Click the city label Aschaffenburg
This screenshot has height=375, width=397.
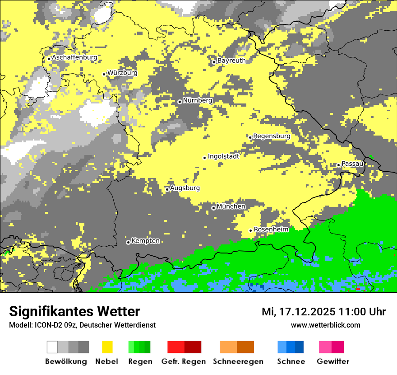pyautogui.click(x=74, y=58)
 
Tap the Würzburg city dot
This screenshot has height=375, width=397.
pyautogui.click(x=104, y=74)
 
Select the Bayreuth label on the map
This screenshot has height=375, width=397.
pyautogui.click(x=231, y=61)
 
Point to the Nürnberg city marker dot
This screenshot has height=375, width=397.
pyautogui.click(x=180, y=102)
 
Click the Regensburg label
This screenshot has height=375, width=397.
pyautogui.click(x=272, y=136)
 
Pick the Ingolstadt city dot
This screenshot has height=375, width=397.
pyautogui.click(x=204, y=158)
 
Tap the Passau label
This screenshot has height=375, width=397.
pyautogui.click(x=352, y=164)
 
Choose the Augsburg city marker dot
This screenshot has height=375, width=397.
pyautogui.click(x=167, y=189)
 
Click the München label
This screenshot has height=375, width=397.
pyautogui.click(x=231, y=206)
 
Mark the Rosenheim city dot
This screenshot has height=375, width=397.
pyautogui.click(x=251, y=231)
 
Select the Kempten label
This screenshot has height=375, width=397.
pyautogui.click(x=145, y=241)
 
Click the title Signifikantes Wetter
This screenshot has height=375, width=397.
pyautogui.click(x=74, y=312)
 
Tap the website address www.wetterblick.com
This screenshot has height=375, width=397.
pyautogui.click(x=325, y=325)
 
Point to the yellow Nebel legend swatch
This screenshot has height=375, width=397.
pyautogui.click(x=107, y=347)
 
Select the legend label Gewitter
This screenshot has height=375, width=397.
pyautogui.click(x=333, y=361)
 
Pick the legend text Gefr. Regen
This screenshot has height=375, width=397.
pyautogui.click(x=184, y=361)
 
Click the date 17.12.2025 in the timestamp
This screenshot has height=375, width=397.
pyautogui.click(x=305, y=312)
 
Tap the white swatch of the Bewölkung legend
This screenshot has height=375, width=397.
pyautogui.click(x=52, y=347)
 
